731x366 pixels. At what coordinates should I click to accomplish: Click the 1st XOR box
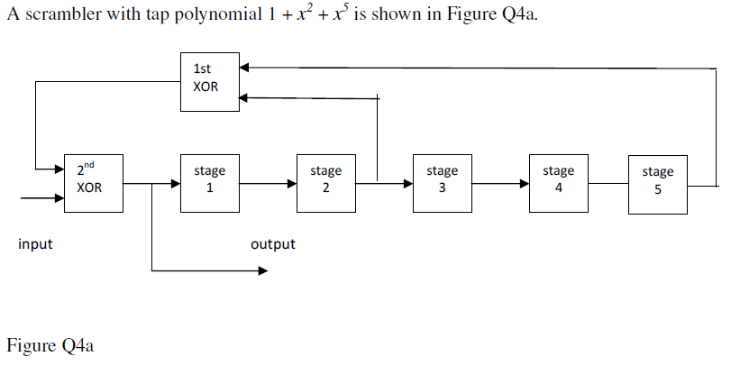tap(209, 81)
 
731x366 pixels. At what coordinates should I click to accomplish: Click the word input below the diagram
tap(35, 243)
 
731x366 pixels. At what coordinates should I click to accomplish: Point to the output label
tap(272, 244)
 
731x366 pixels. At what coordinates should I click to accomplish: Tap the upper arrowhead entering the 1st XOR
tap(244, 66)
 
